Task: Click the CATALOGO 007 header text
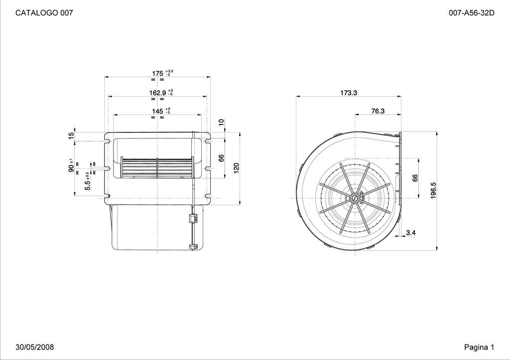click(x=44, y=12)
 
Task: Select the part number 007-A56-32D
click(x=471, y=12)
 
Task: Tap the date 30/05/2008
click(x=35, y=347)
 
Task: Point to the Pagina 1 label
click(x=479, y=347)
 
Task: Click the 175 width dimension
click(x=157, y=74)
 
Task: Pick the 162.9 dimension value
click(x=157, y=93)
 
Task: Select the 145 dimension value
click(x=157, y=112)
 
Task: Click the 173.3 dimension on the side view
click(x=349, y=93)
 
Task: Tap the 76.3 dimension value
click(x=378, y=111)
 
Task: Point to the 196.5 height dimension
click(x=433, y=191)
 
